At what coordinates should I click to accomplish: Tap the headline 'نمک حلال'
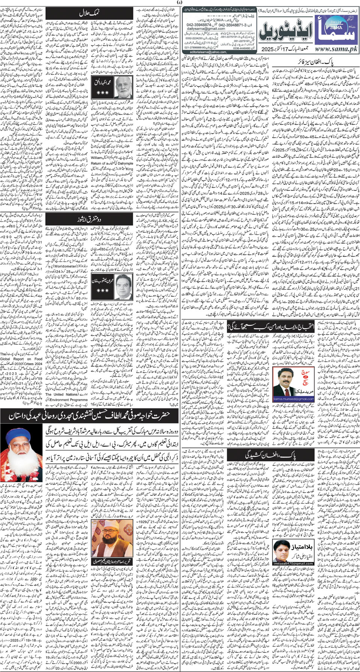tap(89, 13)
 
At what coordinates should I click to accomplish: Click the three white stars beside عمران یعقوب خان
tap(102, 290)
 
